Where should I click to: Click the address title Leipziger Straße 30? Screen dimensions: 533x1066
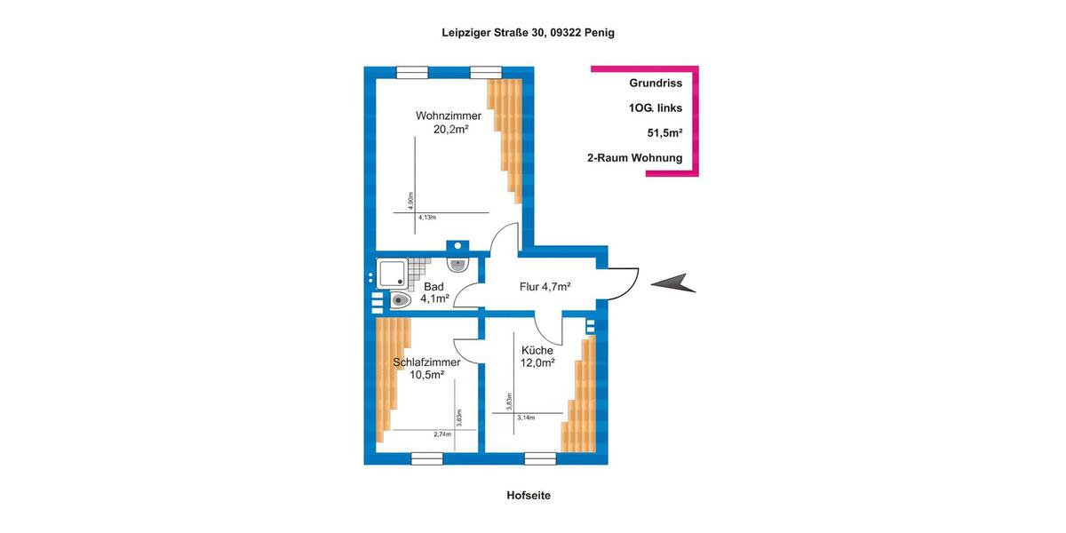[529, 32]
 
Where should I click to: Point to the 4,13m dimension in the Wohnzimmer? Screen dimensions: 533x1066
[428, 217]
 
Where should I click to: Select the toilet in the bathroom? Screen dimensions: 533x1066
[399, 300]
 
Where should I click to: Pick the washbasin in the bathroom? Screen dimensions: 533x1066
[458, 264]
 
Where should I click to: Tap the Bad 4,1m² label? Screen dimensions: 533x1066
[434, 292]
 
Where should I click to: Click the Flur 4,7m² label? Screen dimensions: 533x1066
[545, 286]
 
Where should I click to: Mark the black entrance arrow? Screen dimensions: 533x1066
[673, 283]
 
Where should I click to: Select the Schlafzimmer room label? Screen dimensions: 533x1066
[426, 368]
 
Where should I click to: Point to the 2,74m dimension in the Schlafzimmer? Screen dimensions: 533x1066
[442, 434]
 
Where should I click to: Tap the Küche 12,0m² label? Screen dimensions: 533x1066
[537, 356]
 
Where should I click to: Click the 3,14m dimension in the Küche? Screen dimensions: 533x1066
[525, 418]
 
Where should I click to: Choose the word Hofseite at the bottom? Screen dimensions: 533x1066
[529, 496]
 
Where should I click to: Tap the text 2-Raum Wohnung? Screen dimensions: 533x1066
[634, 158]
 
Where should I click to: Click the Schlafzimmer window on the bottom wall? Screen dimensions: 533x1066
[427, 458]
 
